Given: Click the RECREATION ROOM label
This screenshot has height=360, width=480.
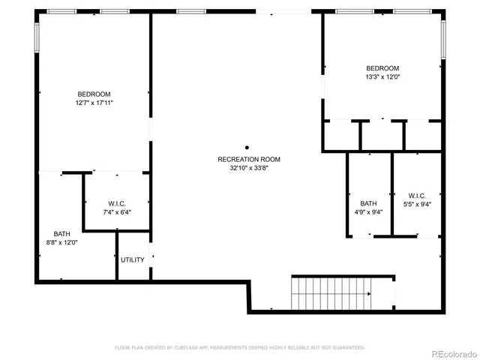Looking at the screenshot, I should coord(249,159).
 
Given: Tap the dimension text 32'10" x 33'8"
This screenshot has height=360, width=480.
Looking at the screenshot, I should coord(249,168).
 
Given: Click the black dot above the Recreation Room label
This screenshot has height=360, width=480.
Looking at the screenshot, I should coord(247,147).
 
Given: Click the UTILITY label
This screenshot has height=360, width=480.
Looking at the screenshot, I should coord(133,260).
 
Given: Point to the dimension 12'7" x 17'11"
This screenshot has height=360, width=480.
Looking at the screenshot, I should coord(94,102).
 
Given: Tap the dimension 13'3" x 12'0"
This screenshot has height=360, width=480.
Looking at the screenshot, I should coord(382,76).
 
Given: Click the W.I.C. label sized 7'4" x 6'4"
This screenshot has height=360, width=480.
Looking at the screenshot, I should coord(116,204).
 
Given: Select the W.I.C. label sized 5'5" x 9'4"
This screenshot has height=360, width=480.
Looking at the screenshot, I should coord(418,196).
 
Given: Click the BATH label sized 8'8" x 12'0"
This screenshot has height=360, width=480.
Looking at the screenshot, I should coord(61,234).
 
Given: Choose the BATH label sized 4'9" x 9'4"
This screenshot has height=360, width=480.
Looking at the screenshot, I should coord(368,203).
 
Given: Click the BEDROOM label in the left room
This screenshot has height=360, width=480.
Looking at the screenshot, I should coord(94,94).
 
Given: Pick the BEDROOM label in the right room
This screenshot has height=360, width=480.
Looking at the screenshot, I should coord(382,68).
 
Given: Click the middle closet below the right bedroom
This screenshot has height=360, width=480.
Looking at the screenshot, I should coord(382,135).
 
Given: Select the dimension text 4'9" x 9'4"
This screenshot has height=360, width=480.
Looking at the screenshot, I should coord(368,212).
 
